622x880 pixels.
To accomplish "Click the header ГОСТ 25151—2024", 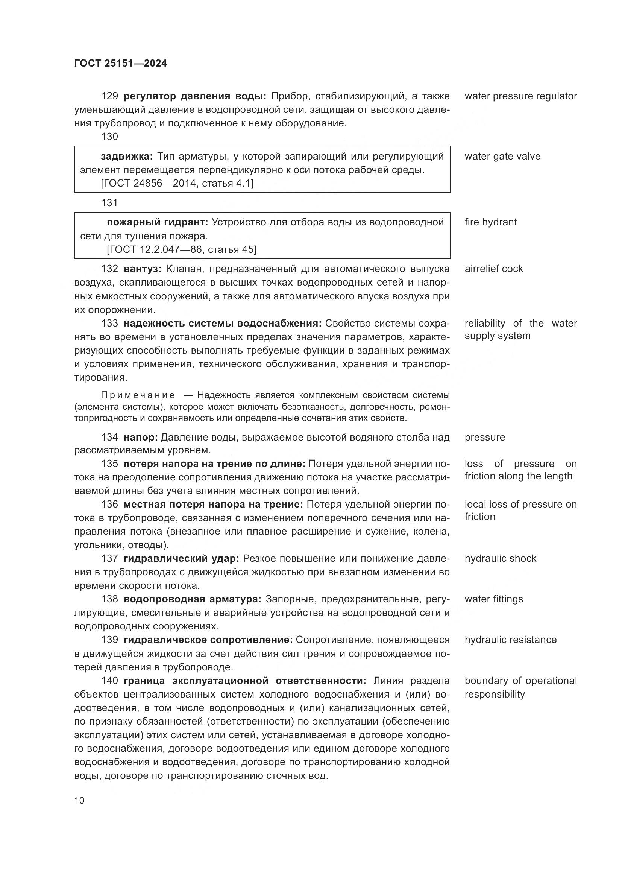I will coord(120,64).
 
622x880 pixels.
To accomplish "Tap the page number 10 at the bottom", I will coord(79,800).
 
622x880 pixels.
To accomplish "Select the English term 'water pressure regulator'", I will coord(520,96).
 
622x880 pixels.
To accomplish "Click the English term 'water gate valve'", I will coord(502,157).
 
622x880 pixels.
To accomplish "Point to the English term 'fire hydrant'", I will coord(491,222).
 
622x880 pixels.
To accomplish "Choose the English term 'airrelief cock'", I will coord(494,269).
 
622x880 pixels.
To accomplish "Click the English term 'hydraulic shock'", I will coord(500,558).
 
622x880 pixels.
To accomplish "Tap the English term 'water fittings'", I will coord(494,599).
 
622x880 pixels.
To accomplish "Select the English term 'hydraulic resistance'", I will coord(511,640).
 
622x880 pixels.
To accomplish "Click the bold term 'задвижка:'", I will coord(127,157).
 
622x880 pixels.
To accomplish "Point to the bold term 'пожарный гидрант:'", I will coord(157,222).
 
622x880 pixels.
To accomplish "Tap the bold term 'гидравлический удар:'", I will coord(181,558).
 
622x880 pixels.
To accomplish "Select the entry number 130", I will coord(109,137).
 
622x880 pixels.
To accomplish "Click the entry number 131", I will coord(109,203).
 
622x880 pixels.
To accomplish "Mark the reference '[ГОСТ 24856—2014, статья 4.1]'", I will coord(177,184).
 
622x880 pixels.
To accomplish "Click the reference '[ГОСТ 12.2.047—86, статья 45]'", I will coord(182,249).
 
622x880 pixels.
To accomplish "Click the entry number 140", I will coord(109,681).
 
